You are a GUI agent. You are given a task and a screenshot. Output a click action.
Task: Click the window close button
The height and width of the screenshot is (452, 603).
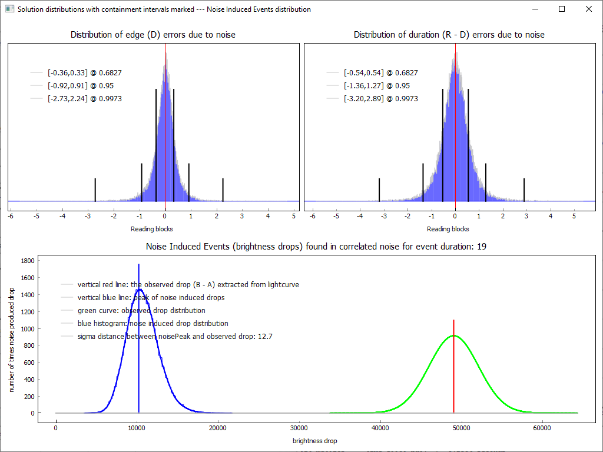point(588,9)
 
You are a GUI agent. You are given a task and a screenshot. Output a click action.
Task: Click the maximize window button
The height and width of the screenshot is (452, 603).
point(562,9)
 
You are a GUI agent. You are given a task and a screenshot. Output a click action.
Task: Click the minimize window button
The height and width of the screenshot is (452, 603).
point(535,9)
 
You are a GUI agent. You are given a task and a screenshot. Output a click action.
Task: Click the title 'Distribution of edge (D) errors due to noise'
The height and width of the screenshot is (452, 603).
point(153,35)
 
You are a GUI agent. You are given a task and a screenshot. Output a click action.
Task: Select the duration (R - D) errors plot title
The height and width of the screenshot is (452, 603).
point(449,35)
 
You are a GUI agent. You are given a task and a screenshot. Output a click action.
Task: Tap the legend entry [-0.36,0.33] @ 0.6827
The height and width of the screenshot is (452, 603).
point(84,73)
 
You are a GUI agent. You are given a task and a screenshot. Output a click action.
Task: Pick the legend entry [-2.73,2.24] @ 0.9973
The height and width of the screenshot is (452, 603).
point(84,99)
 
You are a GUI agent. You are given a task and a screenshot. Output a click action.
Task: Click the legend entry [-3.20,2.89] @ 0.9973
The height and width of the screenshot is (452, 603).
point(380,99)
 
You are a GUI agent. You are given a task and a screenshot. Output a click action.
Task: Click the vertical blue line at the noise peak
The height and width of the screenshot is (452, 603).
point(138,353)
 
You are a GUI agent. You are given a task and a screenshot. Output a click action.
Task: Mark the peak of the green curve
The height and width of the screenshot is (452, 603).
point(453,335)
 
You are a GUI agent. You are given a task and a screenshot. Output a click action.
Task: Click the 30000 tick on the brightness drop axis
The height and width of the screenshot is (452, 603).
point(299,428)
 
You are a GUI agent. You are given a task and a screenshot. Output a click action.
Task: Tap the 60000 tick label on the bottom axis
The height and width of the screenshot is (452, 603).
point(541,428)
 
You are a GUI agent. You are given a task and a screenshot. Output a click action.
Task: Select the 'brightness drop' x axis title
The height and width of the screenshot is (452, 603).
point(314,441)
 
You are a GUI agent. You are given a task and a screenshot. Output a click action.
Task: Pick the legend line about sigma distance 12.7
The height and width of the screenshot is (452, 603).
point(174,337)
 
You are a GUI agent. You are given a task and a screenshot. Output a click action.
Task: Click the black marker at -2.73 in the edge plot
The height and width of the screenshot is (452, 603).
point(95,190)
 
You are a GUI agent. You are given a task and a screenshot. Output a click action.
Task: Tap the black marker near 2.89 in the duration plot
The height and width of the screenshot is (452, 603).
point(524,190)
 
